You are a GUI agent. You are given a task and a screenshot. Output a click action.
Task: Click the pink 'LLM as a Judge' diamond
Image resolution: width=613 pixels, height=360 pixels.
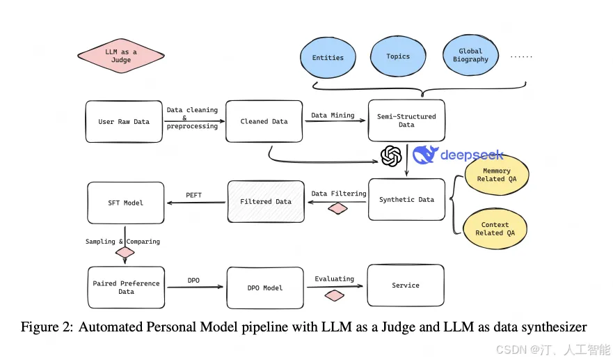pyautogui.click(x=121, y=56)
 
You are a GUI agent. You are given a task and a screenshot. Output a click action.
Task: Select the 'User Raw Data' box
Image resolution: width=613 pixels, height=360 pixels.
pyautogui.click(x=124, y=121)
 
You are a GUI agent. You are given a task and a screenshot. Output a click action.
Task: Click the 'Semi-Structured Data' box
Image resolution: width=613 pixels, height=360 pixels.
pyautogui.click(x=406, y=120)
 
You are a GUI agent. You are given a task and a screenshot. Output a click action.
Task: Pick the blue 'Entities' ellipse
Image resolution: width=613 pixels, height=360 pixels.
pyautogui.click(x=328, y=58)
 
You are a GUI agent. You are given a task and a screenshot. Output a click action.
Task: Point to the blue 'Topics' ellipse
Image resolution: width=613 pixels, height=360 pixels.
pyautogui.click(x=398, y=56)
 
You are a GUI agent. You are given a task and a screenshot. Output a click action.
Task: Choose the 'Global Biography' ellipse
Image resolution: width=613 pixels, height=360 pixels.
pyautogui.click(x=471, y=56)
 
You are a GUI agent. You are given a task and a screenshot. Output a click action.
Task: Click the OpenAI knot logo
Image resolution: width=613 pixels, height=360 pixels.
pyautogui.click(x=392, y=155)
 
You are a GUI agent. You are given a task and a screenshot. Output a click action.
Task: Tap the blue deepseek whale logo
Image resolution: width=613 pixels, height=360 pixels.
pyautogui.click(x=425, y=155)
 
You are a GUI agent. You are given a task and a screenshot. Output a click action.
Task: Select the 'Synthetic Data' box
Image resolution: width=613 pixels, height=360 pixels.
pyautogui.click(x=406, y=200)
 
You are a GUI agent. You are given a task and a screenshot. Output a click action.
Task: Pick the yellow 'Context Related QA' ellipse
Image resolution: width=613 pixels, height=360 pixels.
pyautogui.click(x=495, y=229)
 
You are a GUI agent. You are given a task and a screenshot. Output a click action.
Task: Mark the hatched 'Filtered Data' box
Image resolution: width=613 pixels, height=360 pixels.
pyautogui.click(x=266, y=202)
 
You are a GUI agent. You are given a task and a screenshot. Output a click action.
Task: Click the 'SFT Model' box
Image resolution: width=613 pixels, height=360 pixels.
pyautogui.click(x=125, y=203)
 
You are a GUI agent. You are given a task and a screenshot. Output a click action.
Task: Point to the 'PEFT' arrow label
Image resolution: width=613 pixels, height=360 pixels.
pyautogui.click(x=193, y=196)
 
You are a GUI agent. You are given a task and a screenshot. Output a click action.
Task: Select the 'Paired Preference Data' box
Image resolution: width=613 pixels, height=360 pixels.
pyautogui.click(x=126, y=288)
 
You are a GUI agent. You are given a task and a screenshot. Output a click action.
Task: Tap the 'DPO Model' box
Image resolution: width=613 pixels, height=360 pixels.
pyautogui.click(x=264, y=288)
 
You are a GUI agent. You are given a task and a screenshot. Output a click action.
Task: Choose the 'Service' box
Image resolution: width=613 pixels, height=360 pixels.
pyautogui.click(x=406, y=285)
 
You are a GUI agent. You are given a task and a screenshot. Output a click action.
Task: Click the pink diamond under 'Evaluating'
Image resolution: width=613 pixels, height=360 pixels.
pyautogui.click(x=335, y=295)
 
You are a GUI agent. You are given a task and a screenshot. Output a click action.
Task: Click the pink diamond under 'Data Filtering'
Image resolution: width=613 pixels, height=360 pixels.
pyautogui.click(x=338, y=208)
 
